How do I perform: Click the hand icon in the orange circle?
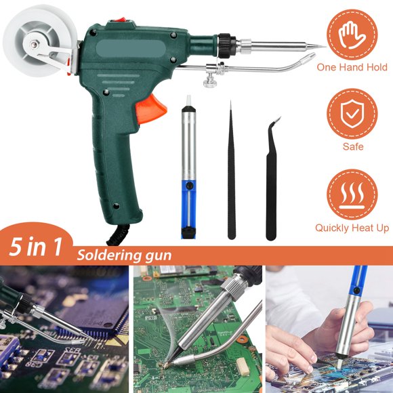click(x=352, y=31)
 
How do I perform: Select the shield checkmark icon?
click(x=352, y=114)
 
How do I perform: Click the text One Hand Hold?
click(x=352, y=67)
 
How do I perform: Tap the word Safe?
click(x=352, y=146)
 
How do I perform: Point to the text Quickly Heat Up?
click(x=352, y=228)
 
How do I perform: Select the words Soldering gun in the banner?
click(x=123, y=255)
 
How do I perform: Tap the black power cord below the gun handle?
click(x=115, y=234)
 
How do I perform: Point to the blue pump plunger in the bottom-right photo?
click(x=356, y=285)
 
